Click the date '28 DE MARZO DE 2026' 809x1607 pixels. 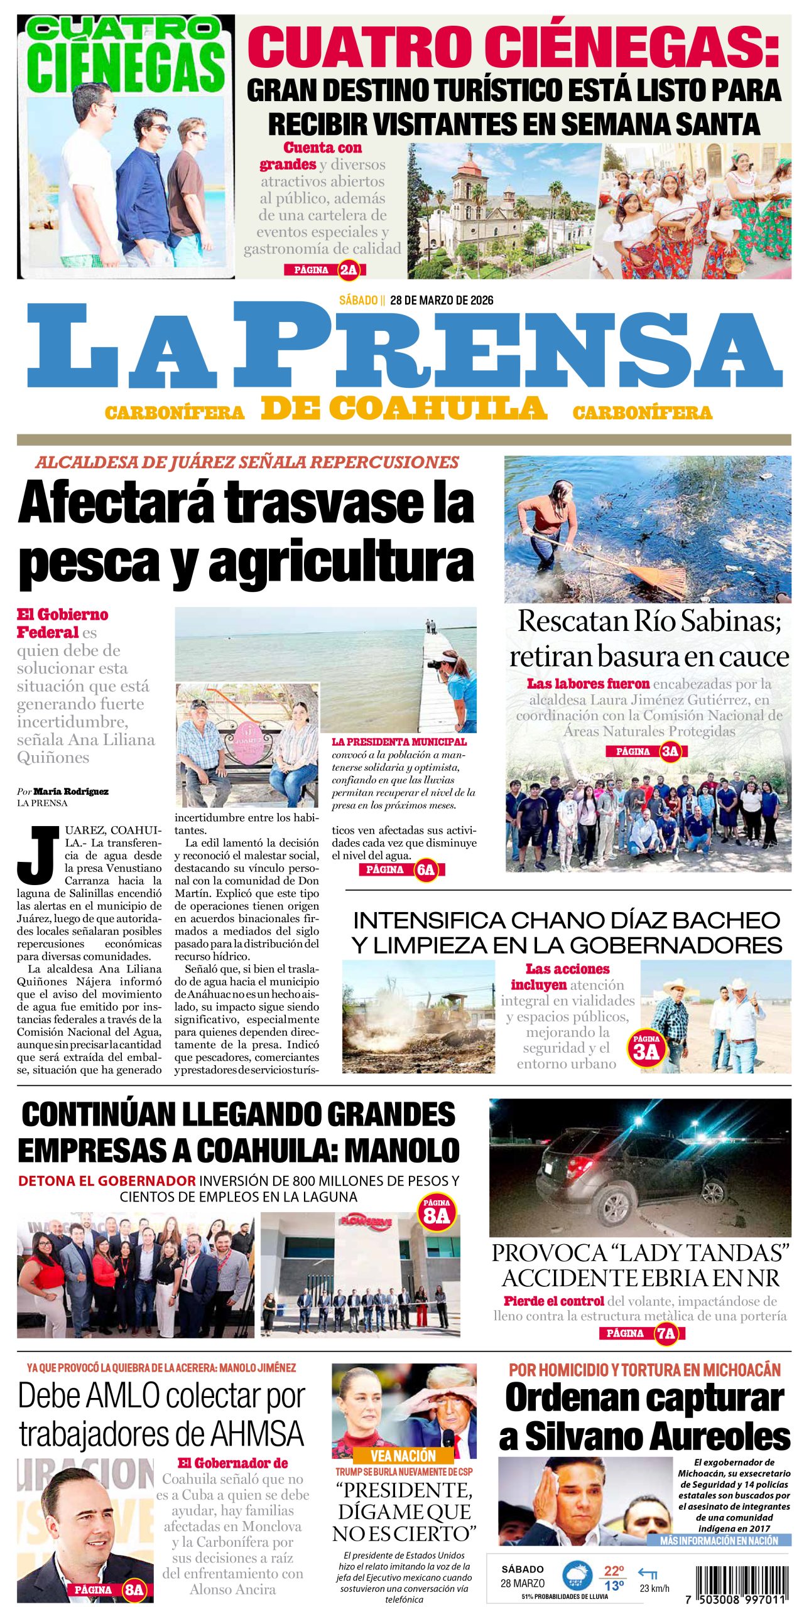441,300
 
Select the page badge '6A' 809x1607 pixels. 425,869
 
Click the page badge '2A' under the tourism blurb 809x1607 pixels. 348,270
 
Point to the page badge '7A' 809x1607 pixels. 665,1333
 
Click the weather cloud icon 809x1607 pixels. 577,1575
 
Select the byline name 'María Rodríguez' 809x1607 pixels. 70,792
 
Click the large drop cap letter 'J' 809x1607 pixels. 38,854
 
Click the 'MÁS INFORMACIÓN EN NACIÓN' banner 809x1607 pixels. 719,1540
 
